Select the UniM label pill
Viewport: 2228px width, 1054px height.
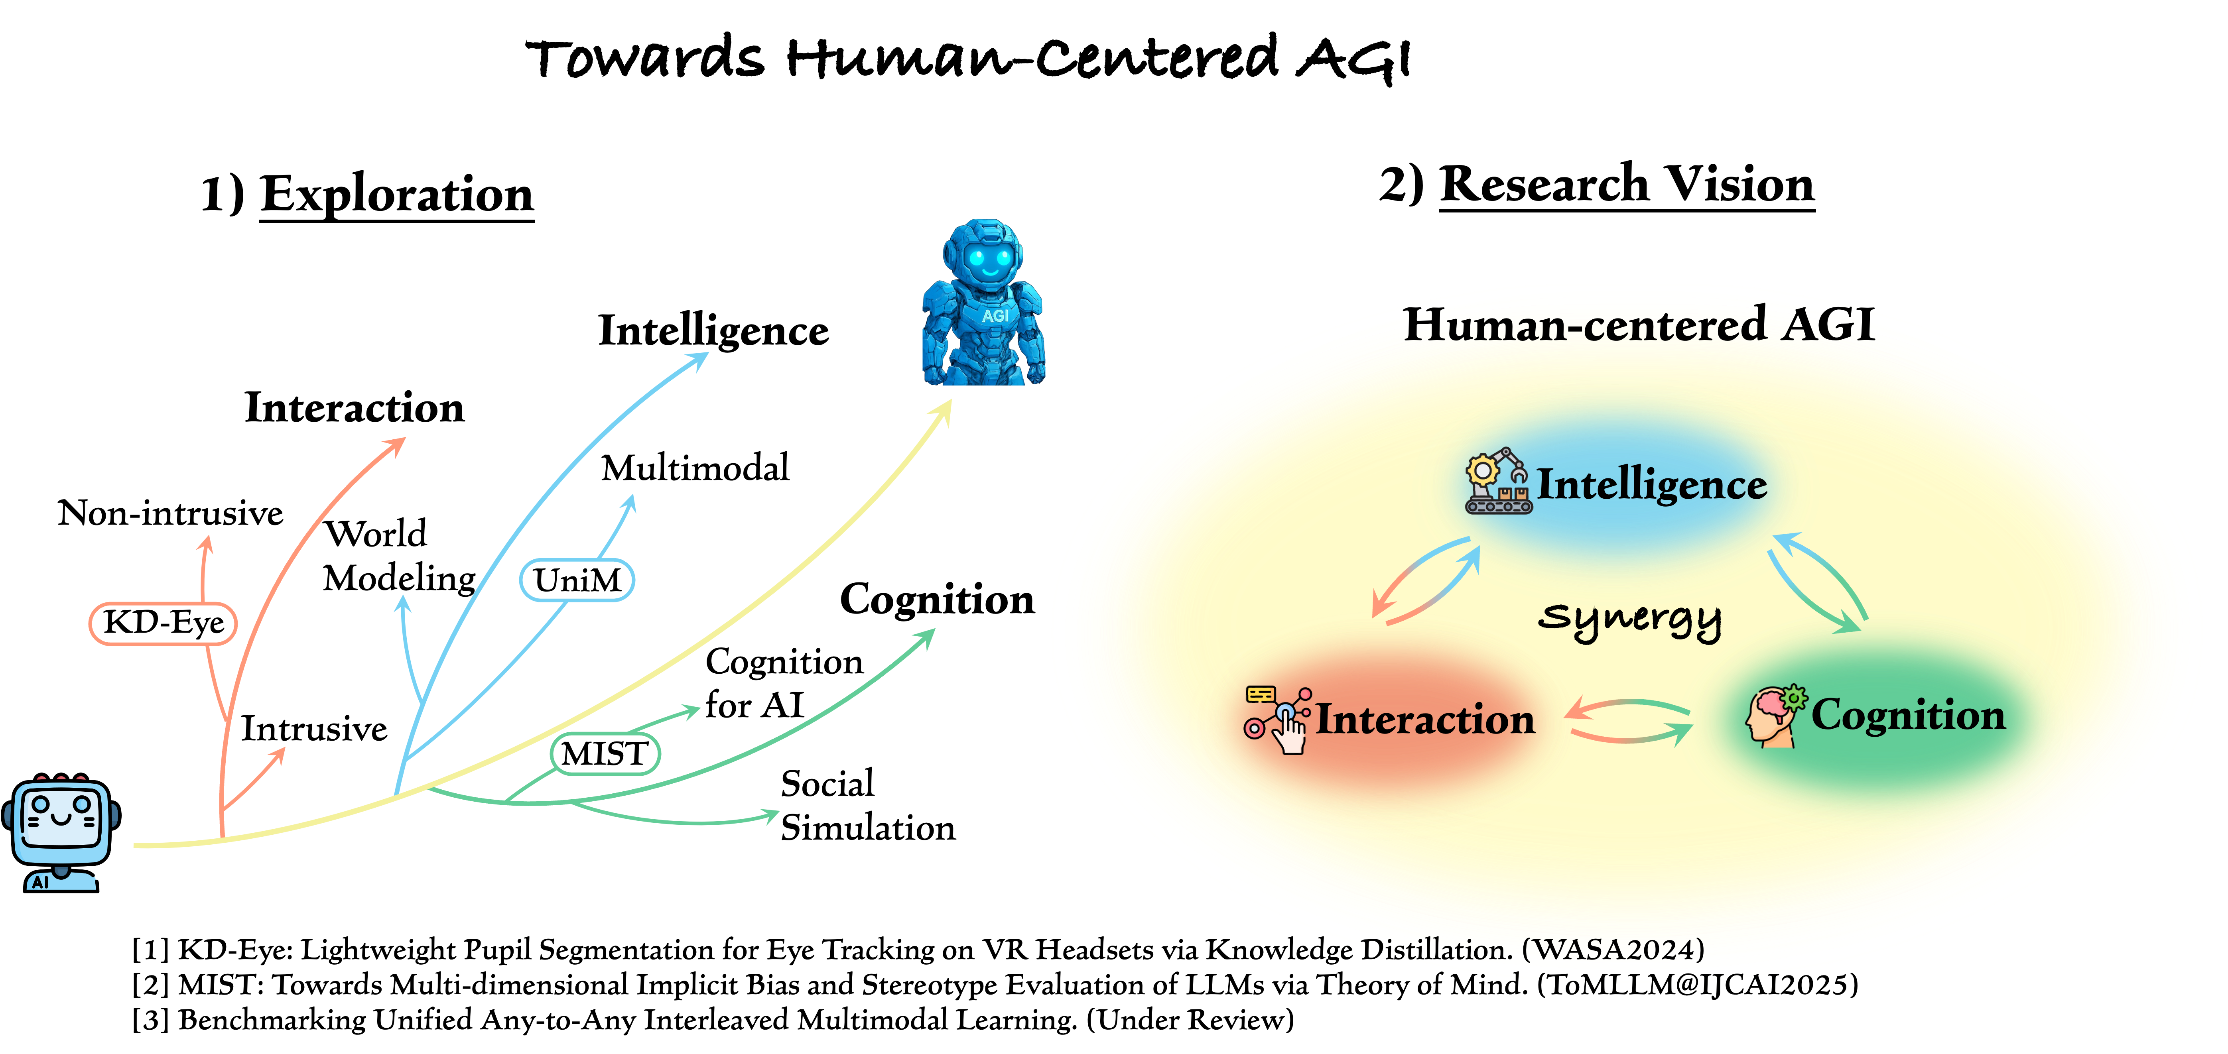[x=577, y=579]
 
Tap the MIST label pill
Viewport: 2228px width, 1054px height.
[x=605, y=753]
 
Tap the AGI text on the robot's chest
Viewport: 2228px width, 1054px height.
[x=995, y=317]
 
